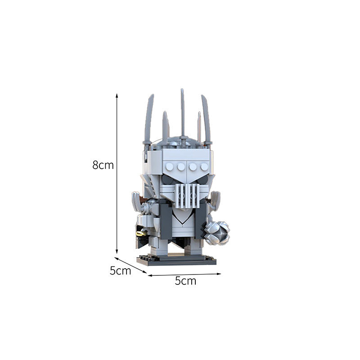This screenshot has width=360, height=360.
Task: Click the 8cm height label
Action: point(103,165)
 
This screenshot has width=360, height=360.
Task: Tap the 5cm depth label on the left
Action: point(120,271)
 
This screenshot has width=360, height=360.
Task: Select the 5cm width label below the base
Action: point(185,281)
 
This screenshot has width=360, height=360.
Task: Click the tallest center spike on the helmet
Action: point(182,112)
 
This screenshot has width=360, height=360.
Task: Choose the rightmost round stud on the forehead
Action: point(203,167)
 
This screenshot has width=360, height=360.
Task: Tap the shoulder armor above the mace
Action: point(215,200)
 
